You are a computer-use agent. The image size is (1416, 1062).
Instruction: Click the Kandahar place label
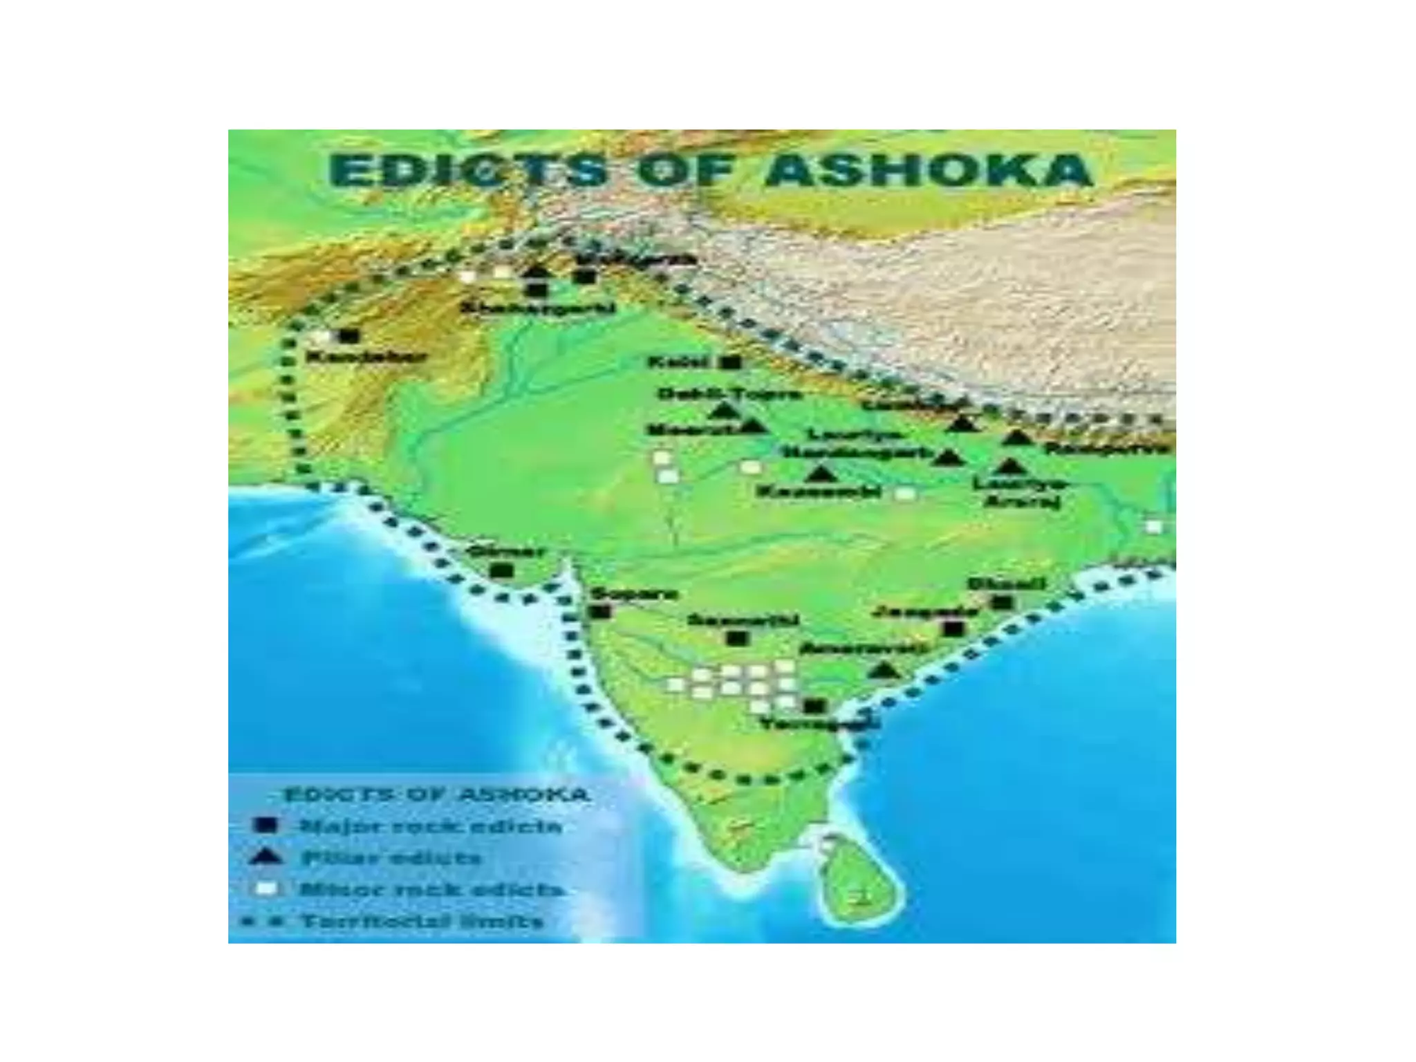(366, 357)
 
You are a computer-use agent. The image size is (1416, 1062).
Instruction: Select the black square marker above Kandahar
(348, 336)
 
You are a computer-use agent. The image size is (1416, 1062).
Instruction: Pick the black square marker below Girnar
(502, 571)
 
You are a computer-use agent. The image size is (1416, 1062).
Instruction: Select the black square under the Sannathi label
(737, 638)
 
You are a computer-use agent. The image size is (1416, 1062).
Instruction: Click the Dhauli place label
(1006, 584)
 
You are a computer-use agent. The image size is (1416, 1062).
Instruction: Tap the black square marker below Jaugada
(954, 628)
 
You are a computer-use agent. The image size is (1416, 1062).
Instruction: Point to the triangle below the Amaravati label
(883, 670)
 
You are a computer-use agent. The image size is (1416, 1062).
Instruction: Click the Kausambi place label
(819, 492)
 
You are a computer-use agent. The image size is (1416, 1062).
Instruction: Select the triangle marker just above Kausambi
(820, 474)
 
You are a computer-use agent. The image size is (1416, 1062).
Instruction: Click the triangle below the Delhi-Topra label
(724, 411)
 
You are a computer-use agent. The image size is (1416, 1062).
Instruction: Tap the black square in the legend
(266, 825)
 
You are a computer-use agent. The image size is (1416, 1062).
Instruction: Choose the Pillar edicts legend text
(391, 858)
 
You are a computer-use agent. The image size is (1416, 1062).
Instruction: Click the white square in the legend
(266, 889)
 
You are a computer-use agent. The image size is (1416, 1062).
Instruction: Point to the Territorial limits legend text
(422, 922)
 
